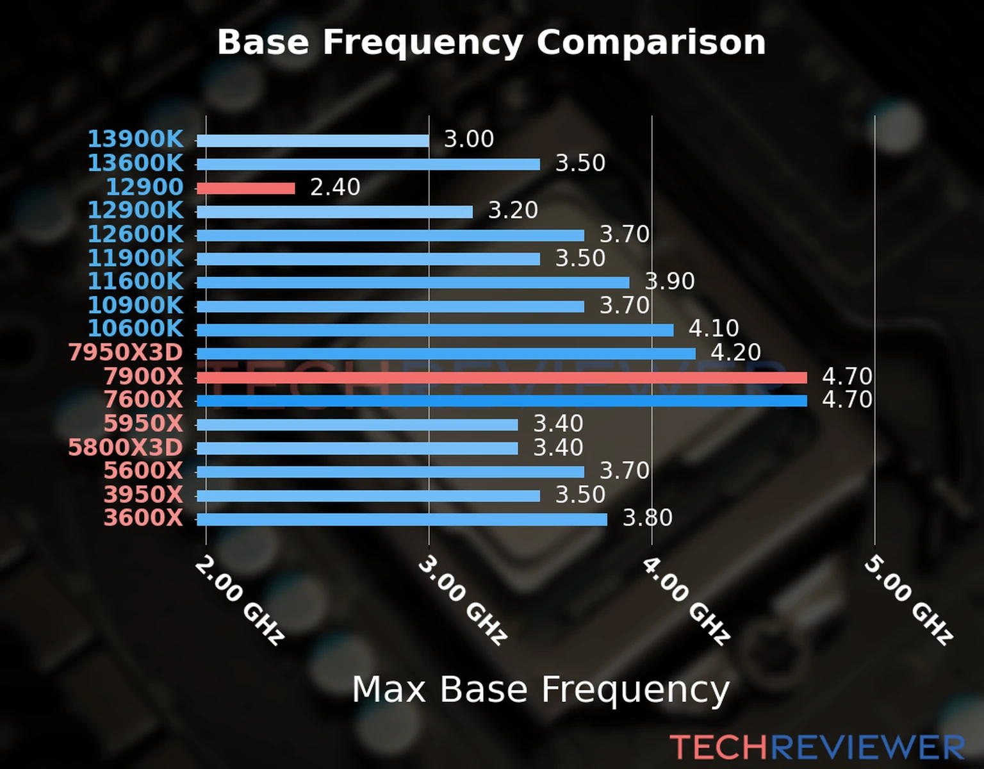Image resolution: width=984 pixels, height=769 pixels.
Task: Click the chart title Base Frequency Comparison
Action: click(491, 42)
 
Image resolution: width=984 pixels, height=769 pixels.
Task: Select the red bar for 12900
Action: click(245, 188)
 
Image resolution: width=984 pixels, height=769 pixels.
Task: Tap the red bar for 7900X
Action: click(502, 377)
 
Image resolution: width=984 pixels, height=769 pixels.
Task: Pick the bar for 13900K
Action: click(313, 141)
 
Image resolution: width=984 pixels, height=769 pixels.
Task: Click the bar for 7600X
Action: click(502, 401)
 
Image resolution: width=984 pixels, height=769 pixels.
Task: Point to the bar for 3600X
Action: click(402, 519)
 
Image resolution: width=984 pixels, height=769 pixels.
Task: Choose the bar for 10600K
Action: click(435, 330)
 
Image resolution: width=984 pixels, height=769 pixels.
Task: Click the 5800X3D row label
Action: click(126, 447)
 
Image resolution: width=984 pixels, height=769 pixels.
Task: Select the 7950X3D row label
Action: click(126, 352)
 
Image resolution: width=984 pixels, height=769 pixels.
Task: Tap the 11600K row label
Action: click(135, 281)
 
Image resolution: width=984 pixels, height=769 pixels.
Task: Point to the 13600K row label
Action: click(135, 163)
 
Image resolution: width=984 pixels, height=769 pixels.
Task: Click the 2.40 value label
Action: click(335, 187)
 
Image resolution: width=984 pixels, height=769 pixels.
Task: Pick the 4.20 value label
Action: click(735, 352)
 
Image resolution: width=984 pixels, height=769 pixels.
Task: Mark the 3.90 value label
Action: click(669, 281)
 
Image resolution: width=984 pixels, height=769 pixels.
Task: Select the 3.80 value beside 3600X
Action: click(648, 518)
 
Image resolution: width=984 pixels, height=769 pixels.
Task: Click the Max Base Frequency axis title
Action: click(541, 690)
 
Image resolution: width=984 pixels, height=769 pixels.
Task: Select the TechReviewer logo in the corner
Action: click(817, 747)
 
